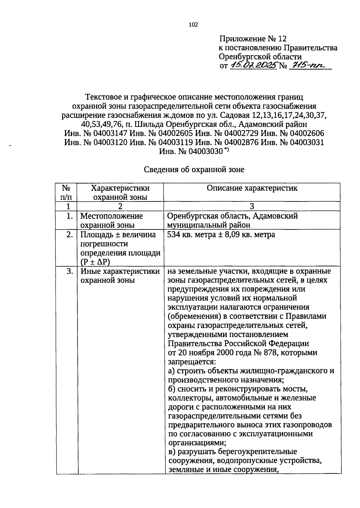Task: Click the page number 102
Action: pos(193,25)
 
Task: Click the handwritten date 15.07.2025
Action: pos(253,65)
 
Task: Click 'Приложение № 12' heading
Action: pos(253,39)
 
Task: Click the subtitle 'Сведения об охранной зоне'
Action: pos(194,170)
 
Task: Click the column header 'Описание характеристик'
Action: pos(252,188)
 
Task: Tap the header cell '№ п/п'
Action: pos(66,193)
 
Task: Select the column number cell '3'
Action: pos(252,206)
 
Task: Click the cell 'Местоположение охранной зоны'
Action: pos(112,220)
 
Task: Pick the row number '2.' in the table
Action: pos(70,235)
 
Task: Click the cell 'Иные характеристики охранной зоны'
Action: pos(120,276)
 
